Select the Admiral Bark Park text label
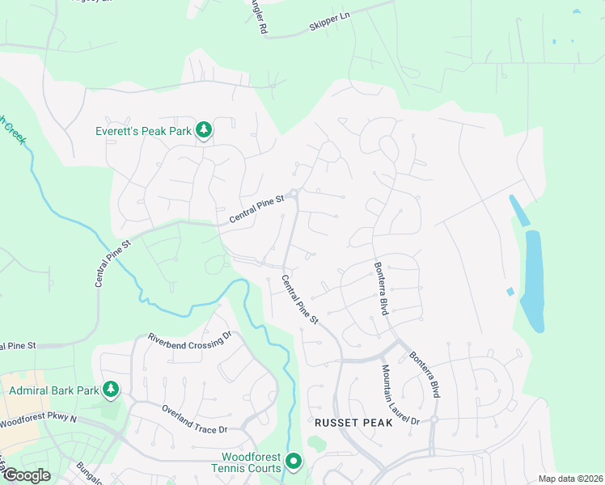coord(53,391)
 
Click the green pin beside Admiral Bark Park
coord(111,390)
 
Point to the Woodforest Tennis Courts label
coord(246,462)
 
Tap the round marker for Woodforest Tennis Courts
coord(294,462)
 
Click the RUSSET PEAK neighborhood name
coord(353,423)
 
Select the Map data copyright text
coord(569,479)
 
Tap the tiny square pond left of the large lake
coord(509,292)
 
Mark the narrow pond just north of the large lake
coord(518,210)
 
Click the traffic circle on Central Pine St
coord(295,194)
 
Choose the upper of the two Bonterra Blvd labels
coord(380,289)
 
